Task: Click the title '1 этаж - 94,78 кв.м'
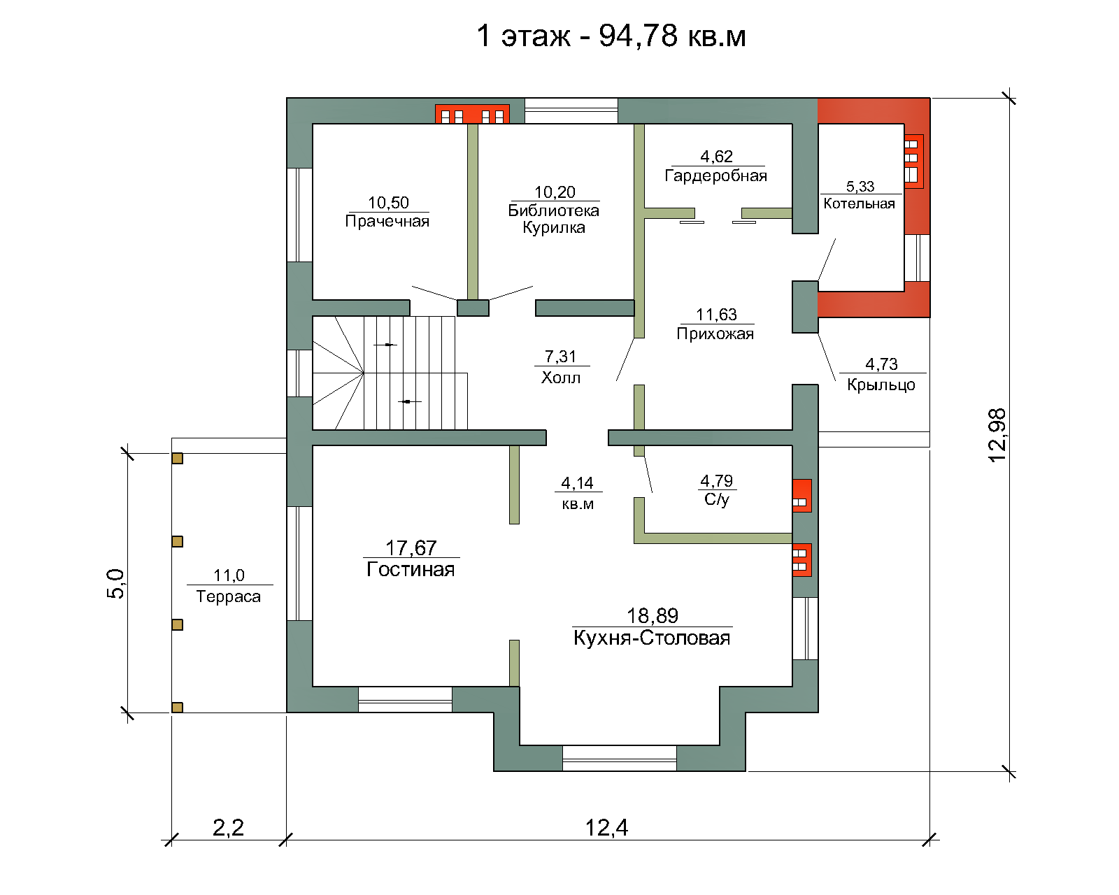(611, 36)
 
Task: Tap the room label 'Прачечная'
(387, 222)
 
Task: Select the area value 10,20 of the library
(555, 192)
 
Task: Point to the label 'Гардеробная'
(716, 176)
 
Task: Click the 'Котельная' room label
(859, 203)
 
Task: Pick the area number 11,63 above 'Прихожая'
(717, 315)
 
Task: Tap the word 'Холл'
(560, 378)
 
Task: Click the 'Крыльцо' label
(881, 385)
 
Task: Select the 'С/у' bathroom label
(717, 499)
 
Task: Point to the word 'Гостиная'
(411, 569)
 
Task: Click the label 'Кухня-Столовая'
(652, 638)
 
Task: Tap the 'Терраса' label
(228, 596)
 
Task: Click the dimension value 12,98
(997, 436)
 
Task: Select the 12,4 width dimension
(607, 827)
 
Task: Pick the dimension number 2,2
(228, 827)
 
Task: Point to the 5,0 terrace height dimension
(115, 583)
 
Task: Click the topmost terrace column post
(178, 459)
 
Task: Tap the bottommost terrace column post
(178, 708)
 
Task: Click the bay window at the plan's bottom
(620, 758)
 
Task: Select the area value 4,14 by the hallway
(577, 483)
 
